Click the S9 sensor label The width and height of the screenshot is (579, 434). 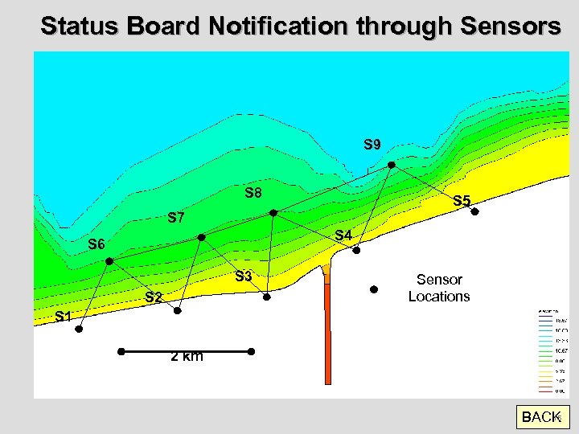[372, 145]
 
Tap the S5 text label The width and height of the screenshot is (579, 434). [462, 201]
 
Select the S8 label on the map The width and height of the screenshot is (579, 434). [253, 193]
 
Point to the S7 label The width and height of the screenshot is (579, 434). [176, 218]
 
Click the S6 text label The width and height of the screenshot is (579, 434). [97, 244]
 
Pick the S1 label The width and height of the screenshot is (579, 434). [64, 317]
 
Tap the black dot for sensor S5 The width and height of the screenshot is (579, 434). [474, 212]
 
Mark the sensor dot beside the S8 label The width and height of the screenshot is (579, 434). [273, 213]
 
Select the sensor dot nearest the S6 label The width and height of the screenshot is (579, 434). [109, 261]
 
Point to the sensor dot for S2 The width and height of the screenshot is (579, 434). [180, 311]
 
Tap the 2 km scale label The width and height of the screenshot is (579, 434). [187, 357]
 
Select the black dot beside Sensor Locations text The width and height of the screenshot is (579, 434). [373, 289]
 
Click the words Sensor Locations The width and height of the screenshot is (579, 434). [439, 288]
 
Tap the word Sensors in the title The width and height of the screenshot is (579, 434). [511, 26]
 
